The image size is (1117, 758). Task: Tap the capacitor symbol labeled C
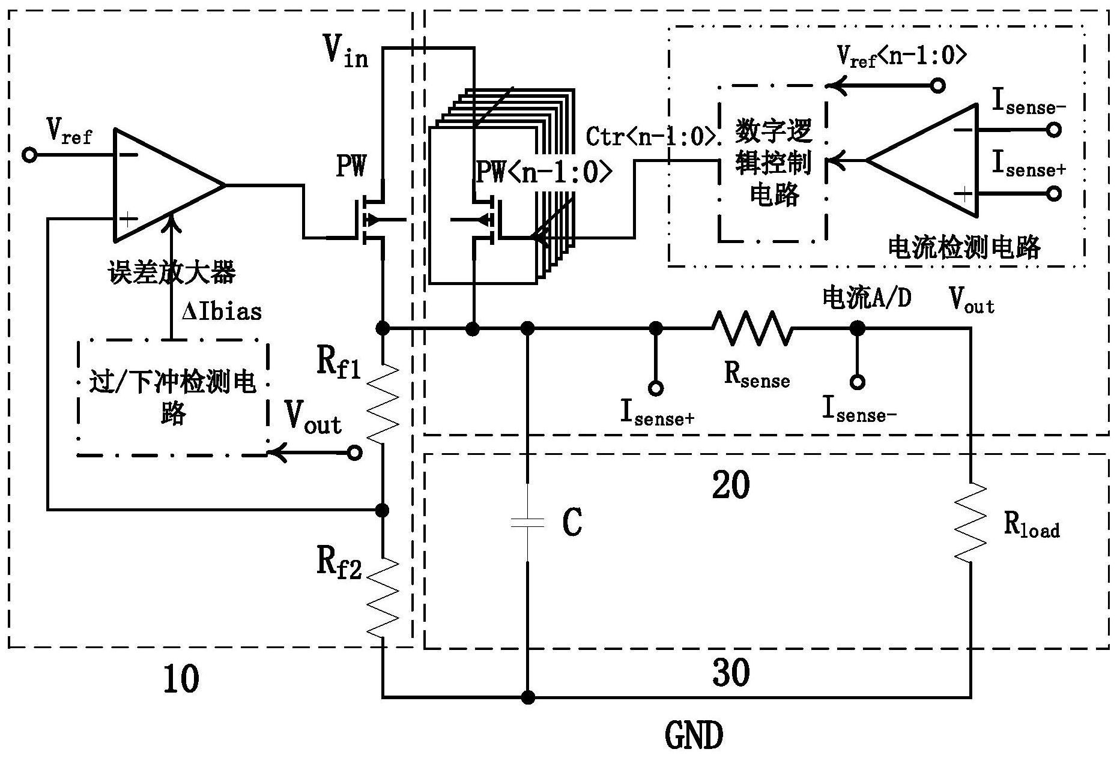[527, 523]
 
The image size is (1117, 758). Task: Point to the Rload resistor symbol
[970, 522]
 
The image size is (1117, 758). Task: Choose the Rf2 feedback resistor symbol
[383, 597]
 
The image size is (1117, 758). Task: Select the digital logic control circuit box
[772, 163]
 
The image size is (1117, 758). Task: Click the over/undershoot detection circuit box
[172, 397]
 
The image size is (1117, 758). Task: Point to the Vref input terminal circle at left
[29, 155]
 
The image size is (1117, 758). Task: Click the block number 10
[181, 679]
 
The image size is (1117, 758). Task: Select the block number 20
[731, 485]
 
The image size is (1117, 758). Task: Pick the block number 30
[731, 672]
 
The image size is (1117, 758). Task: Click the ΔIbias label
[222, 311]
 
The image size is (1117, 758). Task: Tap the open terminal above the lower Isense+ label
[656, 388]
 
